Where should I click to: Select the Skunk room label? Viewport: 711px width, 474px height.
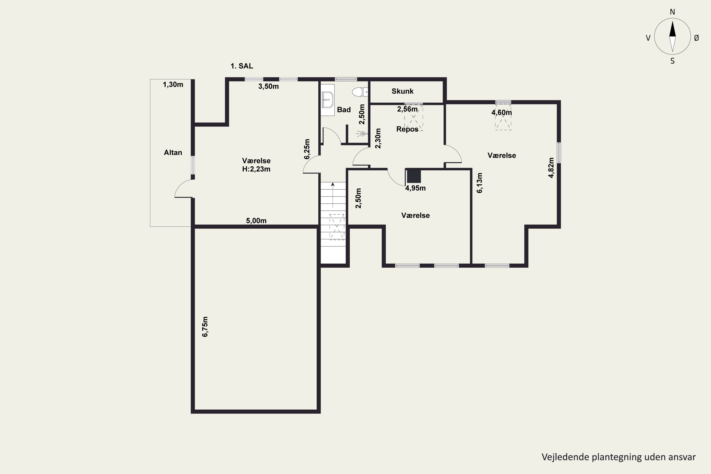[402, 91]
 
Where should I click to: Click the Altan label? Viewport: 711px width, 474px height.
[173, 153]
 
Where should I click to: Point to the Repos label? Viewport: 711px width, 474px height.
[407, 129]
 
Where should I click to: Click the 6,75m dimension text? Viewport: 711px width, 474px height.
[205, 327]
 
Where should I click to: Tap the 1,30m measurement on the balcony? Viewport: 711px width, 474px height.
[173, 85]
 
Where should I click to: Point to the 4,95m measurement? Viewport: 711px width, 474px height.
[415, 188]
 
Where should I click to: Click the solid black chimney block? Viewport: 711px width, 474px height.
[414, 177]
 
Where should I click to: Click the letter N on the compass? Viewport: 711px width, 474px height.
[672, 12]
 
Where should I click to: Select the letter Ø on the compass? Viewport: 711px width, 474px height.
[697, 38]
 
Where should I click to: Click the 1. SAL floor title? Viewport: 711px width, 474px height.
[242, 66]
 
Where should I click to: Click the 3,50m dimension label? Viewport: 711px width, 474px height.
[269, 87]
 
